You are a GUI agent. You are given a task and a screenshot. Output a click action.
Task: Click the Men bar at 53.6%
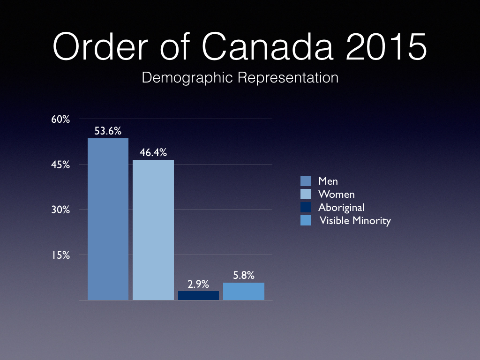pos(108,219)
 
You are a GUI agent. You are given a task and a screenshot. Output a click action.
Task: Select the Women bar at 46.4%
pos(153,230)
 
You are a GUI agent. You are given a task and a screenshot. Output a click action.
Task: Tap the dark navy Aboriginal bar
pos(198,295)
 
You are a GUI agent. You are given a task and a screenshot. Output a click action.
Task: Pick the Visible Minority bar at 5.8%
pos(244,291)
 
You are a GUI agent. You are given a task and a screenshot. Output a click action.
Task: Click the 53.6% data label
pos(108,131)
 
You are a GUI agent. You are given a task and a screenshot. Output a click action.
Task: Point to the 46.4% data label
pos(153,153)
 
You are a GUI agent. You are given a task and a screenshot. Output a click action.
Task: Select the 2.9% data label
pos(198,284)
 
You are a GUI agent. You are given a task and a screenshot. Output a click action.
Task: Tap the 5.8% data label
pos(244,276)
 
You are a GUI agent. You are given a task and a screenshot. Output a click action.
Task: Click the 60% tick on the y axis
pos(60,120)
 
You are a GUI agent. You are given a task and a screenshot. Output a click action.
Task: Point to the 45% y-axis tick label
pos(60,165)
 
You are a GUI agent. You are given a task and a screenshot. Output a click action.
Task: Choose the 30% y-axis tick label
pos(60,210)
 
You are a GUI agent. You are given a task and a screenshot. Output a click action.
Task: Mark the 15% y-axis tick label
pos(60,255)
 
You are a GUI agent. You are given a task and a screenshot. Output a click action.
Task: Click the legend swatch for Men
pos(306,181)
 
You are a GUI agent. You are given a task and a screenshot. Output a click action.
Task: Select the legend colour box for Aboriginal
pos(306,207)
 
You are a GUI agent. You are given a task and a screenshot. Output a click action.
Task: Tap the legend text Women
pos(337,194)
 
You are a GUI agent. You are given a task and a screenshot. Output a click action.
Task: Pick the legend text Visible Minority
pos(355,221)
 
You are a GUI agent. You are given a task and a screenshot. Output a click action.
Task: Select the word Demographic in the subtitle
pos(187,77)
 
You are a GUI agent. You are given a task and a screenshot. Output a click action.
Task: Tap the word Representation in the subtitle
pos(288,77)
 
